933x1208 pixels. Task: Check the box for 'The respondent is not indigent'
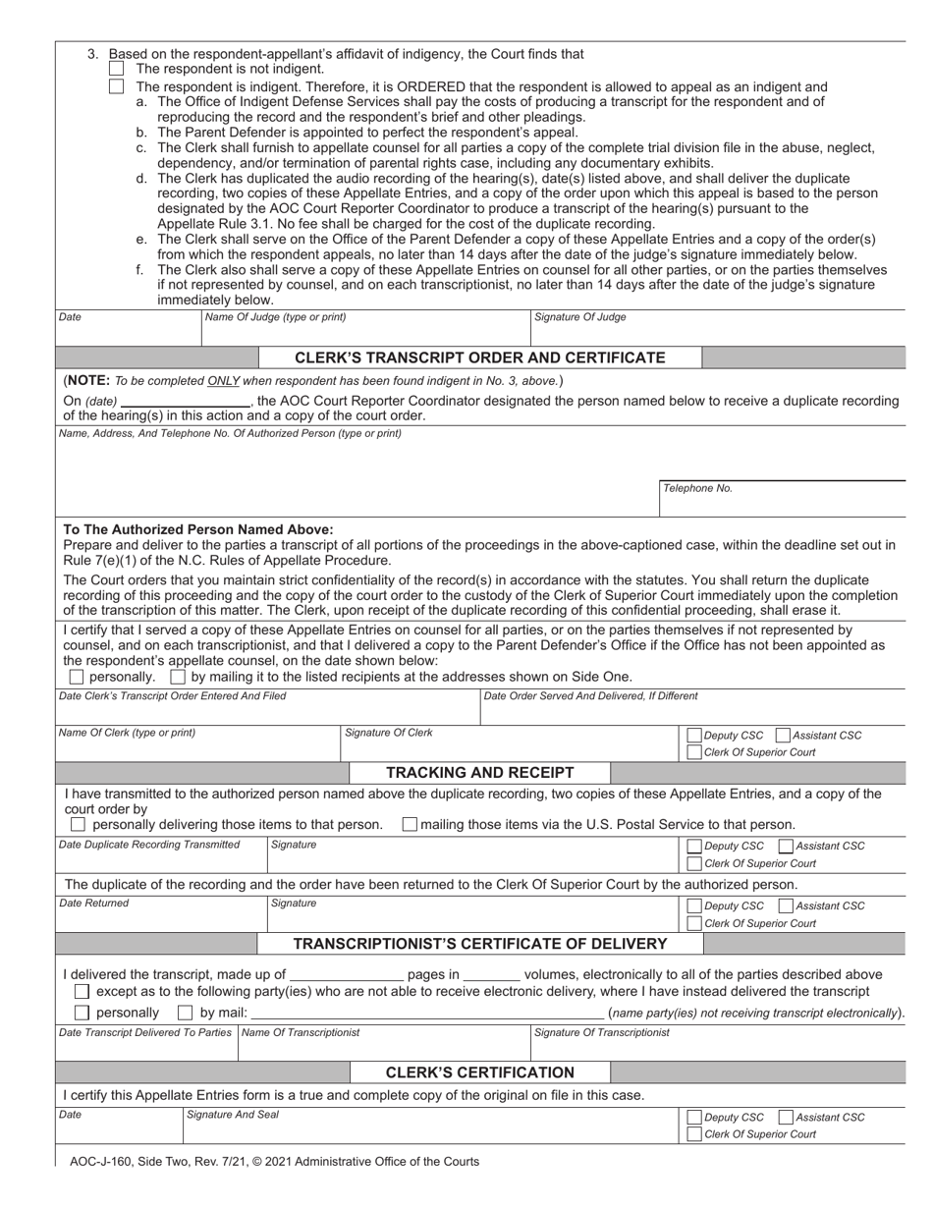pos(117,69)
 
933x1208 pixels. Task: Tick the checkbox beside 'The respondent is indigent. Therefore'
pos(117,86)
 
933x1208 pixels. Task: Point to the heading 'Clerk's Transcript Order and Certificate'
pos(480,357)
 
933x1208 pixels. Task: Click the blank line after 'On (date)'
pos(185,402)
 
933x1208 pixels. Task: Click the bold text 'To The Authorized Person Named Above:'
pos(198,529)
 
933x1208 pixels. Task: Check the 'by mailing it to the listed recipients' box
pos(178,677)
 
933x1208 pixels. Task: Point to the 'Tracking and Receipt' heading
pos(480,772)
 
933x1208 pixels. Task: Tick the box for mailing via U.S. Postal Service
pos(411,824)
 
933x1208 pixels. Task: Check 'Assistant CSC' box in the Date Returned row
pos(785,906)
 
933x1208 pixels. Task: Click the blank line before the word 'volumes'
pos(491,975)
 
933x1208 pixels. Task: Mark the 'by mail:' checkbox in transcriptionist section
pos(185,1013)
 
